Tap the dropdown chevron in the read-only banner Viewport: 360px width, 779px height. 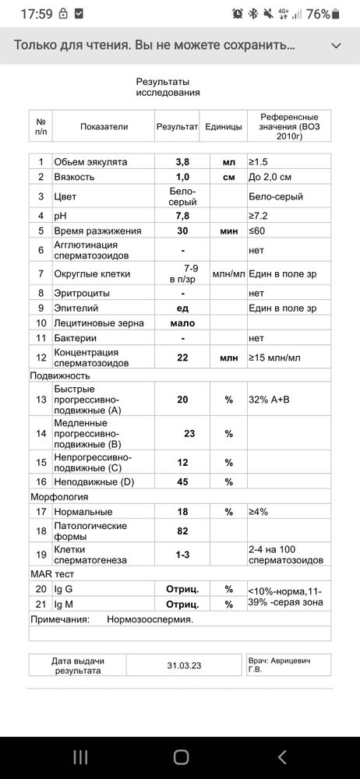[x=336, y=46]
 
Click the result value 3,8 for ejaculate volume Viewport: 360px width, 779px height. [x=182, y=162]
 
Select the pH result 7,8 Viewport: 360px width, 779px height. [x=182, y=215]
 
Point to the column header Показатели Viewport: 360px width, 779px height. [x=104, y=126]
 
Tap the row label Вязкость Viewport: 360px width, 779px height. [x=74, y=177]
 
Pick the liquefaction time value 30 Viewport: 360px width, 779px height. [x=182, y=231]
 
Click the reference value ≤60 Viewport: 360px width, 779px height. [x=257, y=231]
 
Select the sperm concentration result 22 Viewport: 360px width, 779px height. [x=182, y=358]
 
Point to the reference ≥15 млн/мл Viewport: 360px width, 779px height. [x=274, y=358]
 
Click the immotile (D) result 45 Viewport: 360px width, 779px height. [x=182, y=482]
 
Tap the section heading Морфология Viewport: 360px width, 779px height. [x=59, y=497]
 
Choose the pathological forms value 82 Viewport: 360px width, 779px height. [x=182, y=530]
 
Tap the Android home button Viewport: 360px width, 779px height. [x=181, y=756]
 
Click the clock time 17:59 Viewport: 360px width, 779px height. [x=34, y=14]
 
